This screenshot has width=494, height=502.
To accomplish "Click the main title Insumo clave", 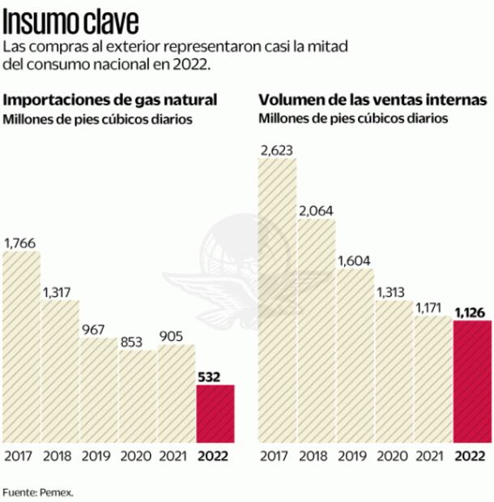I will click(x=70, y=19).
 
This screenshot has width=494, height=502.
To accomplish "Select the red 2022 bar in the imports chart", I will click(x=215, y=413).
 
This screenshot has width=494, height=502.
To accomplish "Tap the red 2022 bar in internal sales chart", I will click(x=473, y=381).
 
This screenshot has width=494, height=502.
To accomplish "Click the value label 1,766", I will click(x=20, y=242).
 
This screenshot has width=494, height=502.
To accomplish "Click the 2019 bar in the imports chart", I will click(x=99, y=389).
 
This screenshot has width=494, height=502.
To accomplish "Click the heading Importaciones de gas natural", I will click(x=111, y=100).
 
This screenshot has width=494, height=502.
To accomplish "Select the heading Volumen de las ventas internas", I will click(x=373, y=100).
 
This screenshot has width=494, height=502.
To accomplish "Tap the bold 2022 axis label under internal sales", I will click(x=473, y=455).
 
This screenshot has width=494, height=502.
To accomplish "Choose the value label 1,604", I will click(x=356, y=259).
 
